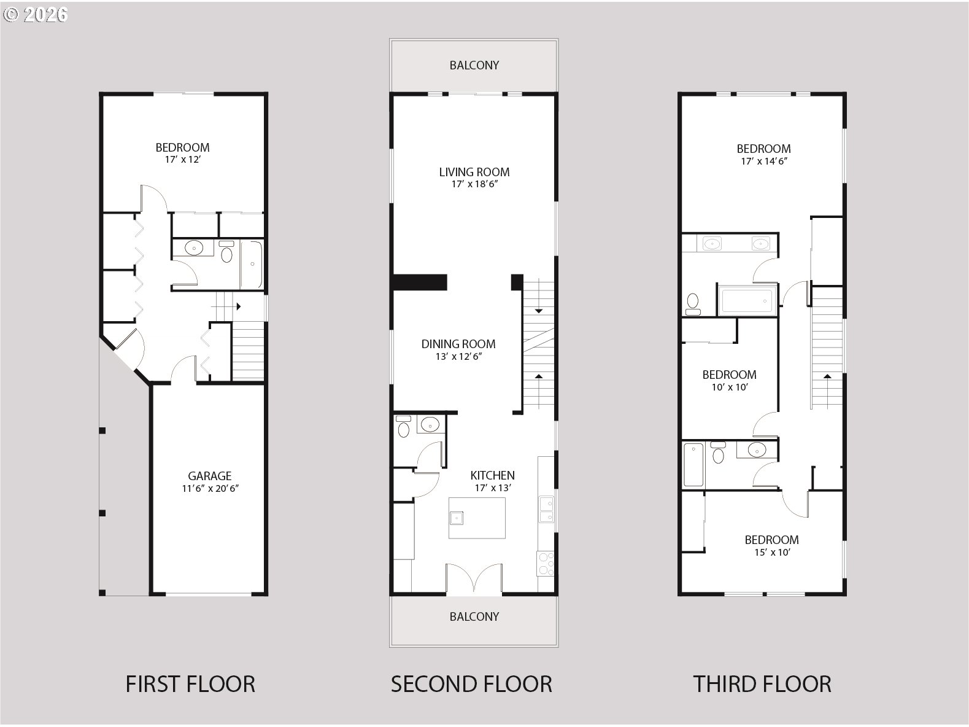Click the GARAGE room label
click(x=209, y=476)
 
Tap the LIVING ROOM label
click(x=474, y=173)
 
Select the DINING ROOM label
click(x=458, y=344)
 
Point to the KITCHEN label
click(x=492, y=476)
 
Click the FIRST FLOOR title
click(x=190, y=684)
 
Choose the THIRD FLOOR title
click(x=762, y=684)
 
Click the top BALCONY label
click(x=474, y=65)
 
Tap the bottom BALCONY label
click(x=474, y=616)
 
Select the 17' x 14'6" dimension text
click(x=763, y=161)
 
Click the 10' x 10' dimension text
click(x=729, y=387)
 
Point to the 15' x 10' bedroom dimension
click(x=771, y=552)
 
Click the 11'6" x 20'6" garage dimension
click(x=210, y=489)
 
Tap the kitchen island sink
click(x=457, y=518)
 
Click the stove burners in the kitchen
click(x=545, y=564)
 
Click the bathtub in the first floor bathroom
click(x=252, y=264)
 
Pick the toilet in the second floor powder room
click(x=403, y=426)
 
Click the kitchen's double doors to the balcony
click(x=474, y=577)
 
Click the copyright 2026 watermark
click(x=36, y=15)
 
